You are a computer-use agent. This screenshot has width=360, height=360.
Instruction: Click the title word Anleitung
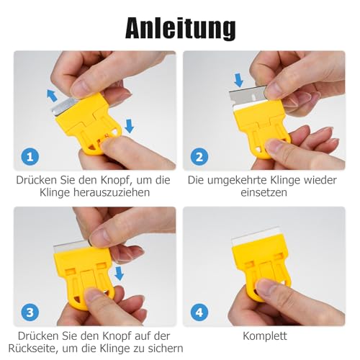point(179,27)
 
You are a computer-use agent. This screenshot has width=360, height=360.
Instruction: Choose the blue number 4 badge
point(199,311)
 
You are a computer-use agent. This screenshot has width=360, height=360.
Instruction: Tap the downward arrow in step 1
point(129,125)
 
